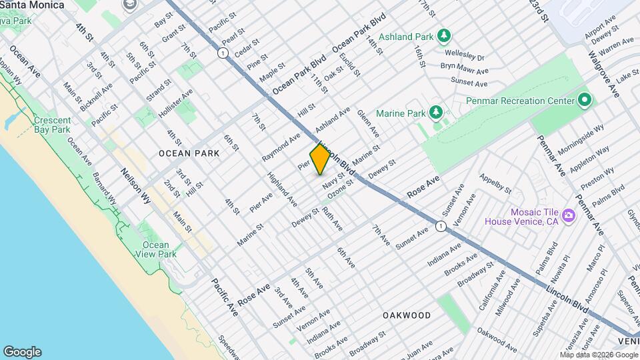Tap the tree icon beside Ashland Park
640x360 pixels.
tap(443, 35)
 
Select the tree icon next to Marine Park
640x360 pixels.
tap(436, 111)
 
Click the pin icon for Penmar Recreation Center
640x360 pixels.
tap(585, 101)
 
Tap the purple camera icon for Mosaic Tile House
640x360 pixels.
tap(568, 215)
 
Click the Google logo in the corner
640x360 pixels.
tap(22, 351)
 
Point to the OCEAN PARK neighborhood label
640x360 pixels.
tap(189, 153)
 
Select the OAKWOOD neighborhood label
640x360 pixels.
tap(407, 315)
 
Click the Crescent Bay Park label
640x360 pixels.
tap(52, 125)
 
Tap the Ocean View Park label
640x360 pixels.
tap(155, 249)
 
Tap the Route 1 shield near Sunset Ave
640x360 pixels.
tap(440, 227)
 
